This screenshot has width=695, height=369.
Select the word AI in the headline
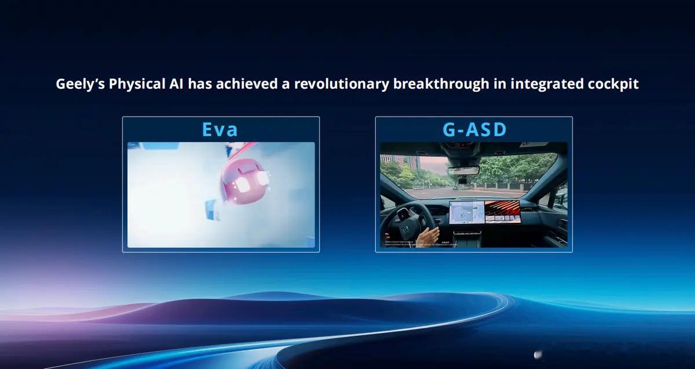(x=175, y=84)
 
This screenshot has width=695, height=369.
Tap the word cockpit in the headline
(x=615, y=84)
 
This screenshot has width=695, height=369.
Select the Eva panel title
(x=220, y=129)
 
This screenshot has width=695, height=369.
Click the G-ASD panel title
(x=474, y=129)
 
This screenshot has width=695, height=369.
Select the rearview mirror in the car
(x=463, y=170)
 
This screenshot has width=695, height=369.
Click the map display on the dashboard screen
(x=466, y=212)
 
